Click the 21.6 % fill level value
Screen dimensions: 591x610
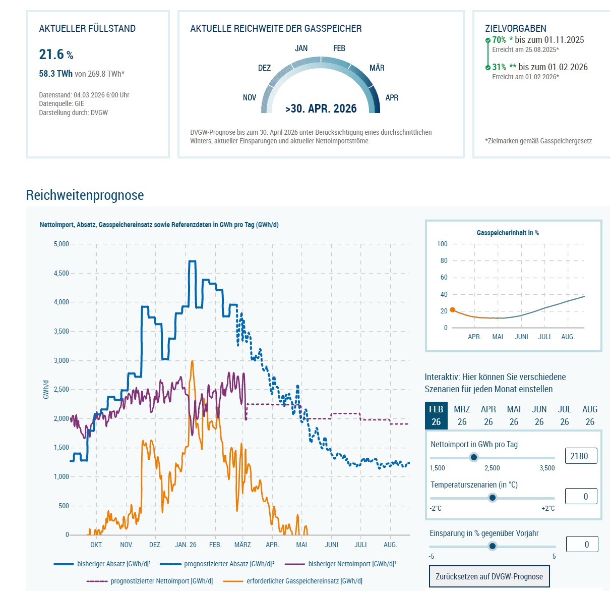click(x=56, y=55)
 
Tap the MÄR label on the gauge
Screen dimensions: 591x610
click(x=377, y=68)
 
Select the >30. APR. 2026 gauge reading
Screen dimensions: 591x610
click(x=321, y=109)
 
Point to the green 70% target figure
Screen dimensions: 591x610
click(x=499, y=40)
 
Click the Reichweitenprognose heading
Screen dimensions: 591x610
click(x=85, y=195)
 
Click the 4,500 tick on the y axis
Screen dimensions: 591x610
click(x=62, y=274)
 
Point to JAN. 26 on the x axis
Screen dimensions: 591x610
click(x=186, y=545)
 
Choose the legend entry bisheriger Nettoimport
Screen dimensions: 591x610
click(x=352, y=564)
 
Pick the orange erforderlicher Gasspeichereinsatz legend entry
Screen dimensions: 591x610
click(x=304, y=581)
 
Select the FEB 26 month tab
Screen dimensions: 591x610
click(x=436, y=415)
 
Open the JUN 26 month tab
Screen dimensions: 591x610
click(x=539, y=415)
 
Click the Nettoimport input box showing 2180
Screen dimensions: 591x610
click(x=581, y=456)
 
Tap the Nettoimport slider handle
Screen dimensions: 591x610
click(x=473, y=457)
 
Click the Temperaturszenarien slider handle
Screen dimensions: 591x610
click(x=493, y=498)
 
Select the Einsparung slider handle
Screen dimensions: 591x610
click(x=493, y=546)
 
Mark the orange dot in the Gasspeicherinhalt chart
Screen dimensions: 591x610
click(x=452, y=310)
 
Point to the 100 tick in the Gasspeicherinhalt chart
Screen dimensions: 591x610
click(x=442, y=244)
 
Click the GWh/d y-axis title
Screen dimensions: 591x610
click(x=46, y=390)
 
